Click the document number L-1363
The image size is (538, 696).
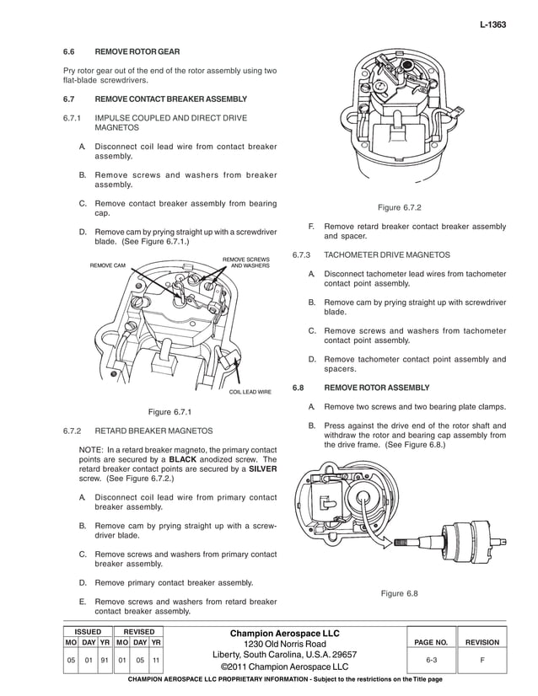click(x=492, y=25)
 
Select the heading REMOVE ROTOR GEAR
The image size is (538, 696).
click(x=136, y=52)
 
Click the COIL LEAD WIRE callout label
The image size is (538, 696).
click(x=250, y=392)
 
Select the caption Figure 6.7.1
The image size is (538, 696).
click(x=170, y=412)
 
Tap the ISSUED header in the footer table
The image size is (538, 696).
click(x=88, y=631)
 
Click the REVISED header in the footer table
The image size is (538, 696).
click(x=138, y=631)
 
